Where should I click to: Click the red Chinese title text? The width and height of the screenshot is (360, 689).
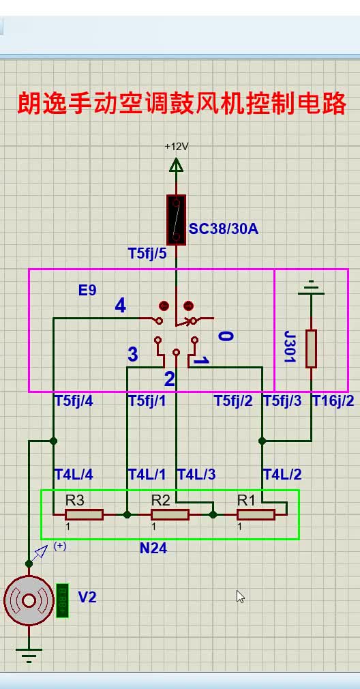pos(182,104)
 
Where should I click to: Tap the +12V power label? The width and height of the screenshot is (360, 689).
pos(176,147)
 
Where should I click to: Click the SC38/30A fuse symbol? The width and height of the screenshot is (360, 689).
pos(176,220)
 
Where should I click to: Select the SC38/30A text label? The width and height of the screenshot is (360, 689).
pos(224,229)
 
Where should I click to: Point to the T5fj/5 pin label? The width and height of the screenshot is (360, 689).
pos(147,254)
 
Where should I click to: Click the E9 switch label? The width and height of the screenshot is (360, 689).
pos(87,291)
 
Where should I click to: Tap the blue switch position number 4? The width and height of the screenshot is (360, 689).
pos(121,306)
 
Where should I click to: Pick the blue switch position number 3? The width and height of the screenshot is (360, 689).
pos(132,354)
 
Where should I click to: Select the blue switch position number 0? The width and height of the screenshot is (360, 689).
pos(226,336)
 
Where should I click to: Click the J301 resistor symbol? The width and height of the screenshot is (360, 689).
pos(312,349)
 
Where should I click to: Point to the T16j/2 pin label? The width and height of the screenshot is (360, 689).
pos(333,401)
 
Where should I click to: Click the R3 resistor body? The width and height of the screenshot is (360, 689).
pos(85,514)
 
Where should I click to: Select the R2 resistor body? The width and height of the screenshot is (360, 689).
pos(170,514)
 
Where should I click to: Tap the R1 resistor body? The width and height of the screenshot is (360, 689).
pos(256,514)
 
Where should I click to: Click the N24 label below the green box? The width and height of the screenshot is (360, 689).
pos(153,548)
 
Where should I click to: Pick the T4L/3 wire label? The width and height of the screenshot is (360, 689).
pos(196,475)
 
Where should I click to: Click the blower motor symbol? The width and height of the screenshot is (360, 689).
pos(29,601)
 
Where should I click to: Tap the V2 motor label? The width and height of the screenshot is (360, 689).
pos(87,597)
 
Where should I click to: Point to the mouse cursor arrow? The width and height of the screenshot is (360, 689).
pos(240,596)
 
